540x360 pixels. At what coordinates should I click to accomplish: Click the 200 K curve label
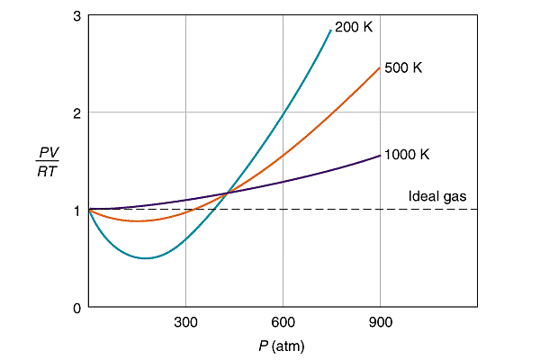pos(353,27)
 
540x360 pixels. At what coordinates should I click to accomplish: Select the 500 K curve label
pos(403,67)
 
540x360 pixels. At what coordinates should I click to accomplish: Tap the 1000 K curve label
pos(407,155)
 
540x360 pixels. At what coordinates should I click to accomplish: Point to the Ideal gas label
pos(437,196)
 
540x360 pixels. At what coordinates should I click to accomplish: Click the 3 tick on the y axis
pos(76,17)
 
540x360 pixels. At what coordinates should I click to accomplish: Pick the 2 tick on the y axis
pos(76,112)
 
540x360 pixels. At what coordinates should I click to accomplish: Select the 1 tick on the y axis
pos(76,210)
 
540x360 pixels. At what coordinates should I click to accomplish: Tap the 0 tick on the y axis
pos(76,307)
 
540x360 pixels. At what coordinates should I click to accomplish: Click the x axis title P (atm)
pos(283,346)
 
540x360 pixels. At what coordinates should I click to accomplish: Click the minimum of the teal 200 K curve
pos(147,258)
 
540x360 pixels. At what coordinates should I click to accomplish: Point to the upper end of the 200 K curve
pos(330,30)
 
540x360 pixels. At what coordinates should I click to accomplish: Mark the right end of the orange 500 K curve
pos(380,67)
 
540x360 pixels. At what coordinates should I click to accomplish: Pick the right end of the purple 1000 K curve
pos(380,155)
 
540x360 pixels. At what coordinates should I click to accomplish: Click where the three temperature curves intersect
pos(226,193)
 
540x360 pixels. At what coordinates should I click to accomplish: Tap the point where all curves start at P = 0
pos(88,209)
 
